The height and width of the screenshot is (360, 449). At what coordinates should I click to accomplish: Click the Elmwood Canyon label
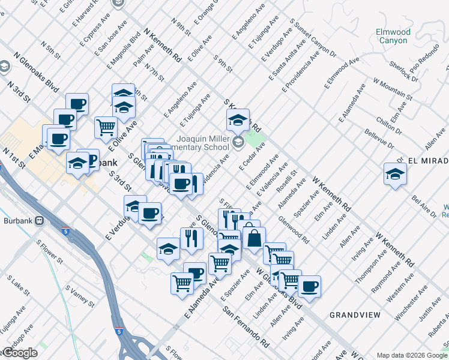(x=393, y=36)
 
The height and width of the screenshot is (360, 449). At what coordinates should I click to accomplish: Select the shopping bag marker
(x=254, y=238)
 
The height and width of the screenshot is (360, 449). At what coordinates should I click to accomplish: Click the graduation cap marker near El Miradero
(x=394, y=174)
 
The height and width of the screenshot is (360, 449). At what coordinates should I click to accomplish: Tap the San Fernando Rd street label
(x=246, y=328)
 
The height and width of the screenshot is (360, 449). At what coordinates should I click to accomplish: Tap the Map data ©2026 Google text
(x=412, y=355)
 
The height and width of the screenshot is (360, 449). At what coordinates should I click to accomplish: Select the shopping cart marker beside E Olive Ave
(x=106, y=127)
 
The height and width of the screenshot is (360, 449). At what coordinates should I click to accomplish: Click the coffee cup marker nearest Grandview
(x=309, y=286)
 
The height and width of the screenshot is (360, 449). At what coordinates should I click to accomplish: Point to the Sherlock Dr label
(x=403, y=70)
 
